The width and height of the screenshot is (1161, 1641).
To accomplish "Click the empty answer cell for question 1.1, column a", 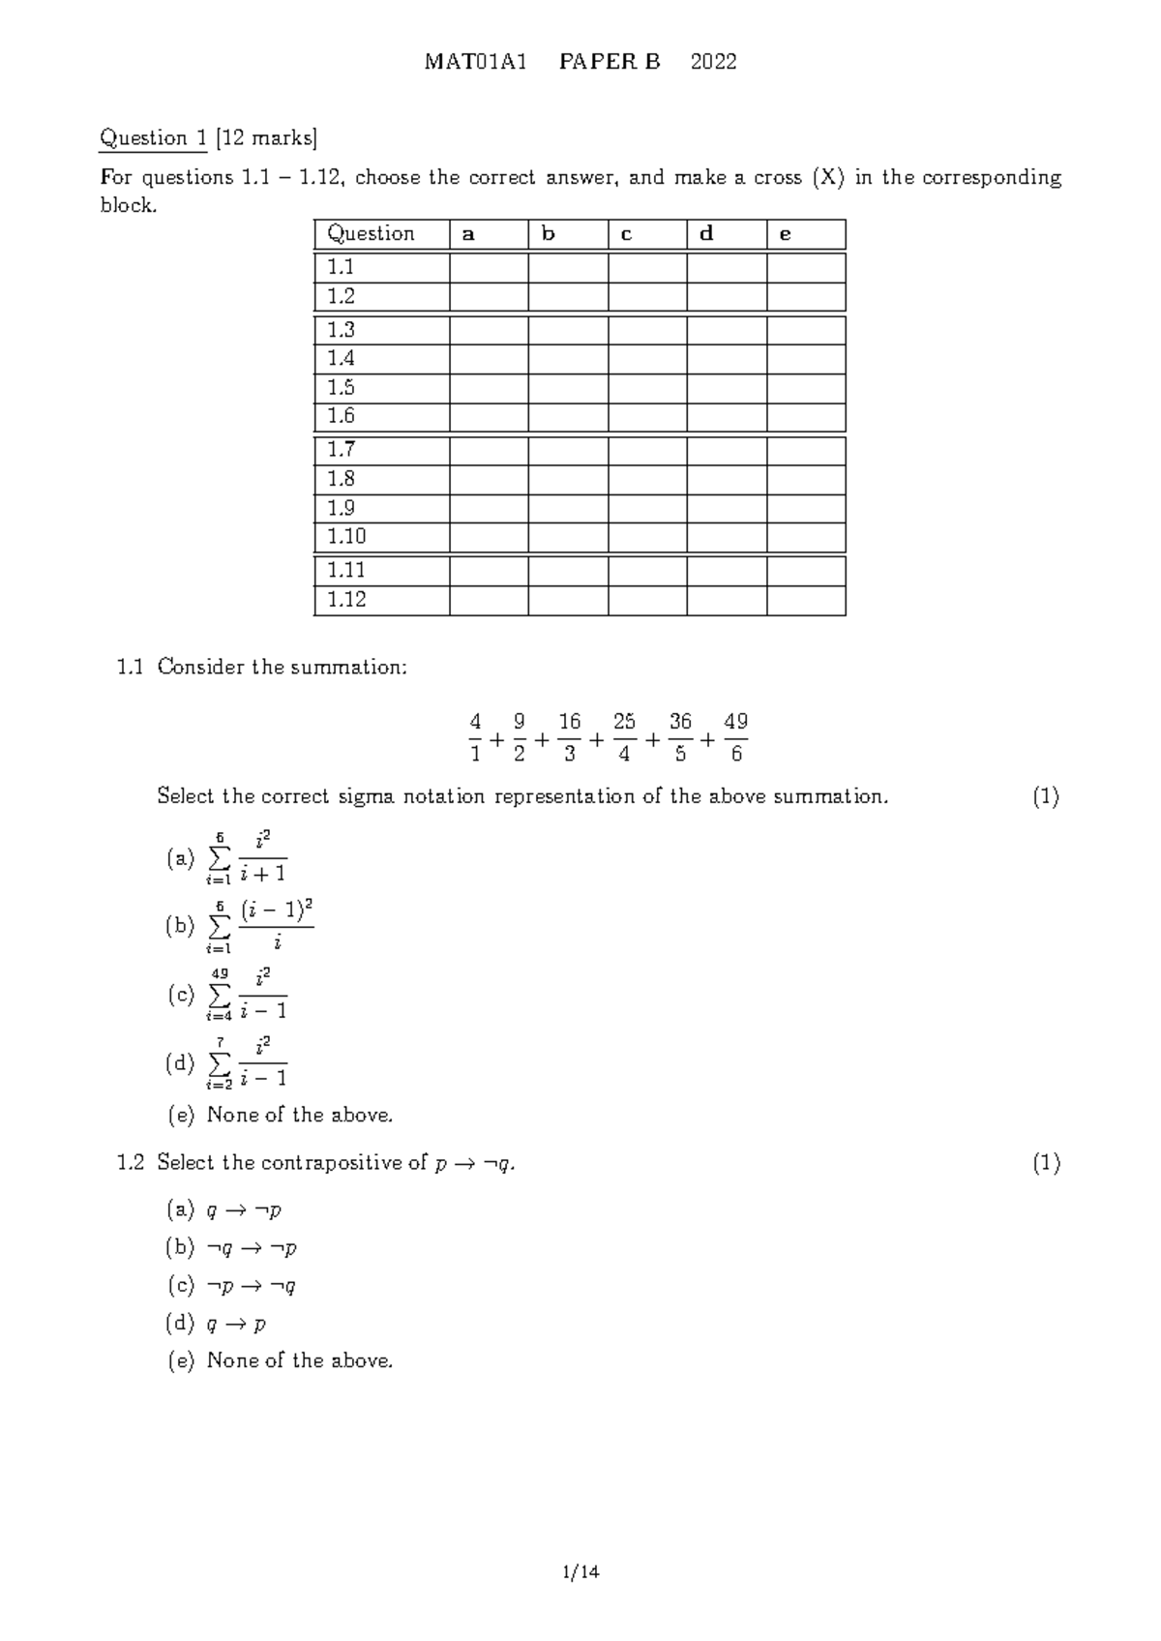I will [489, 267].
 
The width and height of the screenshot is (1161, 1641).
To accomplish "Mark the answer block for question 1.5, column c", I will [647, 388].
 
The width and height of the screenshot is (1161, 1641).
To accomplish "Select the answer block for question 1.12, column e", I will [806, 600].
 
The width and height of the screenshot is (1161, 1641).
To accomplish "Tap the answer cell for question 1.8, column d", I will [727, 479].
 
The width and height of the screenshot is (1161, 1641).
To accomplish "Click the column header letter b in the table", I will [549, 234].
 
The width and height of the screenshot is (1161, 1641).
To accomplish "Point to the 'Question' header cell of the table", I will [372, 234].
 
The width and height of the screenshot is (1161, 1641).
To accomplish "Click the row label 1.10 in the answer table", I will [346, 537].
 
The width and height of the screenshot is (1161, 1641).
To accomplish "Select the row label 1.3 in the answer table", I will [341, 330].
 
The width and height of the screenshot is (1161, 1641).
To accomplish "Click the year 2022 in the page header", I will [713, 62].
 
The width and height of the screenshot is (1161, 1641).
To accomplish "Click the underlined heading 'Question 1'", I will [153, 138].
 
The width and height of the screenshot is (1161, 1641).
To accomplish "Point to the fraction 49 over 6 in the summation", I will [735, 737].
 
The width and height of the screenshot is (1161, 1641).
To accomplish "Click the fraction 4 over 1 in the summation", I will [475, 737].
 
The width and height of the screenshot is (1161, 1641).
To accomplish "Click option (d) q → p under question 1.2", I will [236, 1324].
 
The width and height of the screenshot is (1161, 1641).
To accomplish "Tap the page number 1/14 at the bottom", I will [580, 1572].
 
